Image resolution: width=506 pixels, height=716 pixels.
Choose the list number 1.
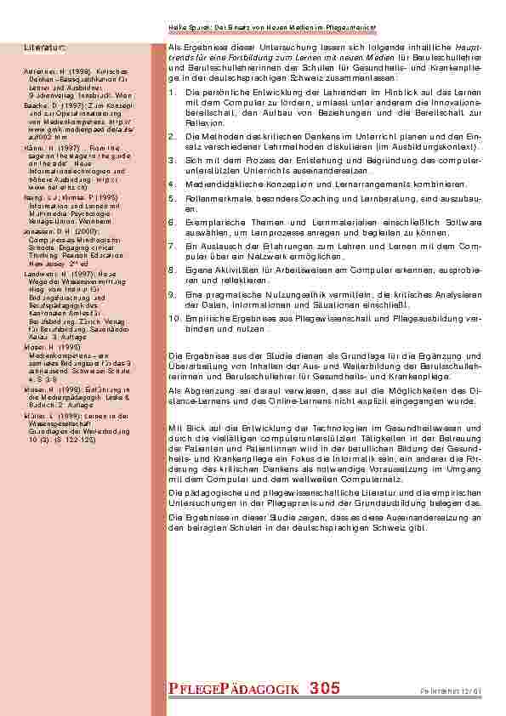tap(172, 91)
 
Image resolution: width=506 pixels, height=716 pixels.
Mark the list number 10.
tap(174, 317)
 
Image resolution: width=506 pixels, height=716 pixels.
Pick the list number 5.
tap(172, 196)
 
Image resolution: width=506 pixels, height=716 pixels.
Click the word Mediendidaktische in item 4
tap(222, 183)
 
